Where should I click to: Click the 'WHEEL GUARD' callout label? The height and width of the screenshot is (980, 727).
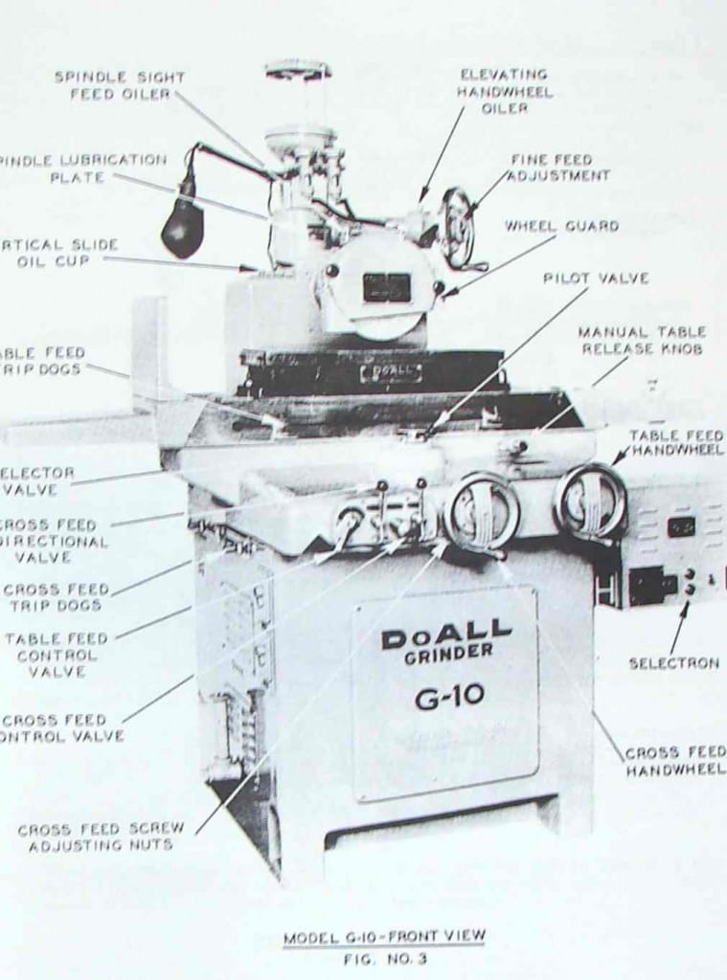[561, 227]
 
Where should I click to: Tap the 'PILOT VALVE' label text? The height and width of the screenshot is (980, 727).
[596, 278]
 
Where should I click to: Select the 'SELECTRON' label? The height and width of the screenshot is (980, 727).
[673, 662]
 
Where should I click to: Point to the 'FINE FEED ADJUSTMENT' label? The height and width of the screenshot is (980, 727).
[557, 167]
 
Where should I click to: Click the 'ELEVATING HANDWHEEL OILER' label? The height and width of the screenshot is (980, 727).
[504, 91]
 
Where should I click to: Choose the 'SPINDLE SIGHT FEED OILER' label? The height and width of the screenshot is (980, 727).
[119, 85]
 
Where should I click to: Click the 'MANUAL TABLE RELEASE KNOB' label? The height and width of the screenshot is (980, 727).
[641, 340]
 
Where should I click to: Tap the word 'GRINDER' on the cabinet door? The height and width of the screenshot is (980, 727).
[448, 651]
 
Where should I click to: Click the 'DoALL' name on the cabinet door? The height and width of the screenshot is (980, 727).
[446, 633]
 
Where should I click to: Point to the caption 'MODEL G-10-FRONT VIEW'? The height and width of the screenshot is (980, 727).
[383, 936]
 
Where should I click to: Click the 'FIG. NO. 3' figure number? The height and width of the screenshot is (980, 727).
[383, 957]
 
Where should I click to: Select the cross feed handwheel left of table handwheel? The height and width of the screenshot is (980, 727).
[482, 511]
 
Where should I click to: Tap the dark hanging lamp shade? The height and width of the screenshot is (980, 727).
[182, 230]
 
